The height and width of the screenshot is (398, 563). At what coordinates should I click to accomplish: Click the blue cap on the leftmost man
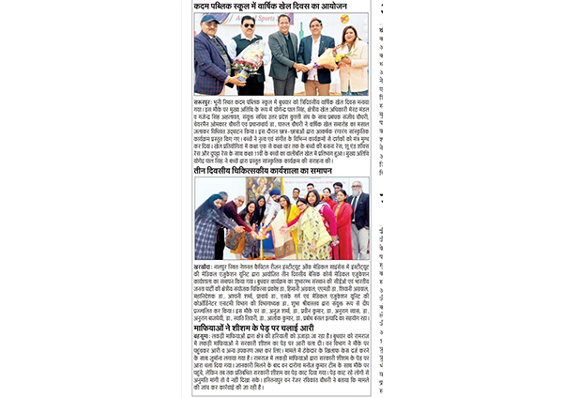210,18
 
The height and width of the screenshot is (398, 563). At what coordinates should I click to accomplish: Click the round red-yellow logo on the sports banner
343,18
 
